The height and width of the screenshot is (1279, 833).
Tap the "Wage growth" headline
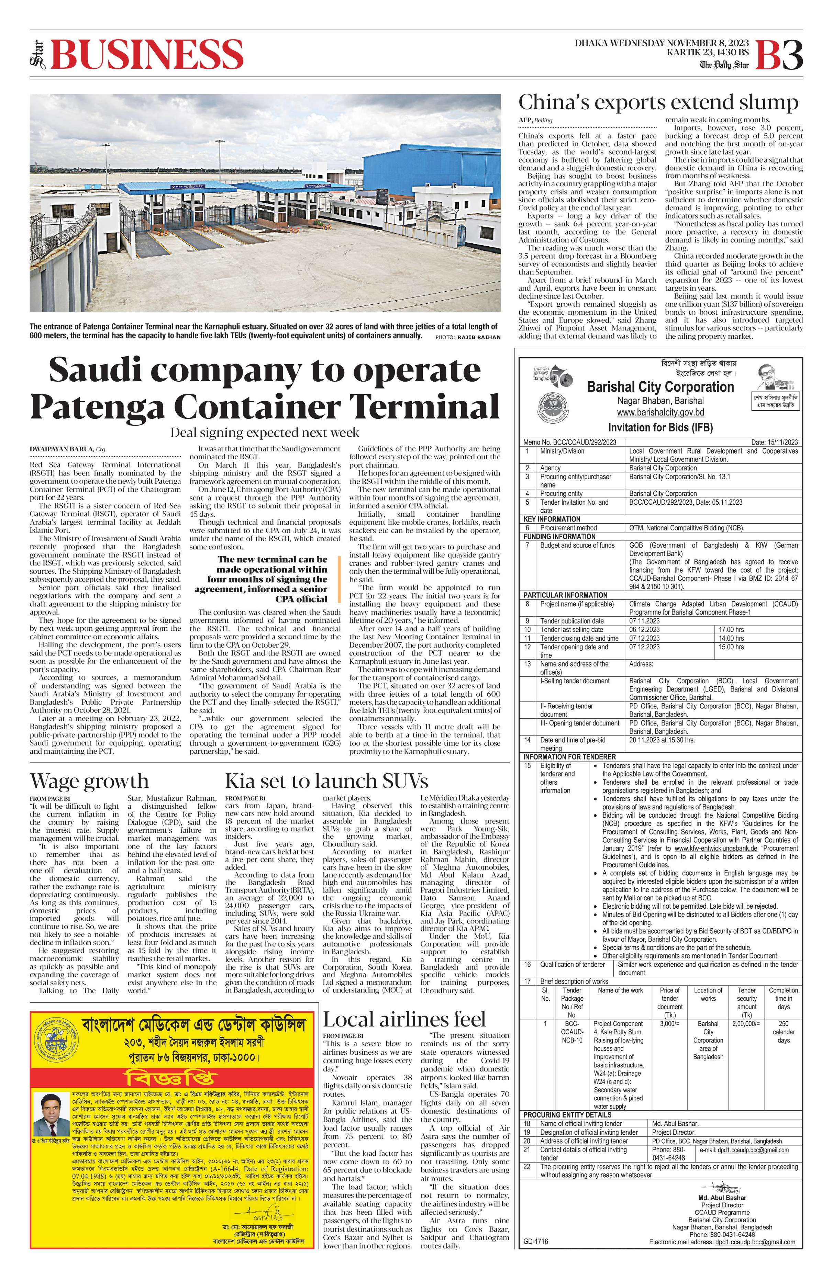(x=89, y=781)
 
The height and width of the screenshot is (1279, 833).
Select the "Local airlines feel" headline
(x=404, y=1019)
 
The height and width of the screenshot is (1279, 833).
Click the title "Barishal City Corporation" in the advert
(x=660, y=387)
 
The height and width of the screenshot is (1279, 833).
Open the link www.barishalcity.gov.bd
(x=660, y=413)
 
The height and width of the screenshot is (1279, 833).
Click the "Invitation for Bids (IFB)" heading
(x=660, y=428)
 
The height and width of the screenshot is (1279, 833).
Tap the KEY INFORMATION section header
(x=552, y=519)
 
